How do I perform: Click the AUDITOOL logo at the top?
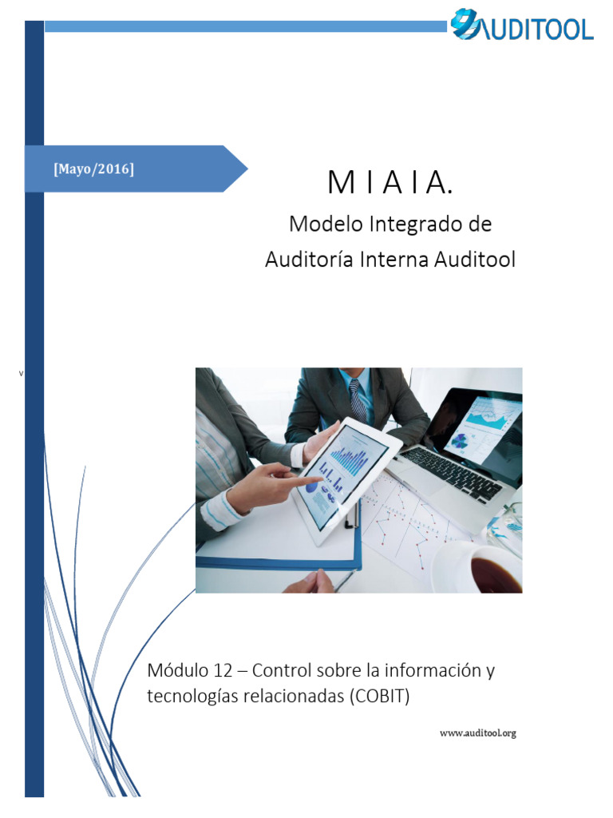(522, 26)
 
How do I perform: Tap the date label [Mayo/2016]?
(93, 169)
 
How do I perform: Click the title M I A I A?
(390, 184)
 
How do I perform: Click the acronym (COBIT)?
(378, 696)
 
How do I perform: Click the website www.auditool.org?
(478, 733)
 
